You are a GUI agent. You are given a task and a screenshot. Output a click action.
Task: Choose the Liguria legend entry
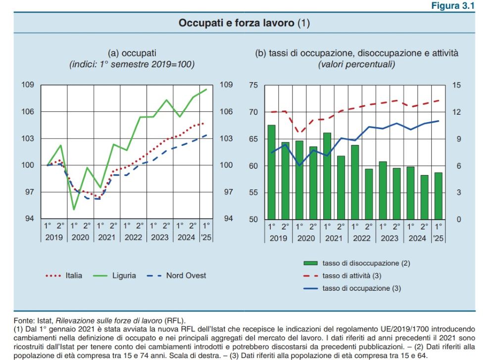tap(124, 275)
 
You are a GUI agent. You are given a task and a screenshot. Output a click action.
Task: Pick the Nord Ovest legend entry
tap(186, 275)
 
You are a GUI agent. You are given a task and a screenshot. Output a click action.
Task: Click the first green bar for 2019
tap(271, 172)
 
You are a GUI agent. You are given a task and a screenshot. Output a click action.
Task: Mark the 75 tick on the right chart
tap(253, 86)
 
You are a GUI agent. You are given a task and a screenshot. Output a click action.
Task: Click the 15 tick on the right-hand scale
tap(456, 86)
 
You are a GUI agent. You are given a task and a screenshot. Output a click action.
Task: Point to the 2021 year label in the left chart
tap(107, 237)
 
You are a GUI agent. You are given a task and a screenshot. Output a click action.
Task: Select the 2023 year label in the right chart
tap(390, 237)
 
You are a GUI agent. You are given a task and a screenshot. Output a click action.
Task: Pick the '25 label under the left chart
tap(206, 237)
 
